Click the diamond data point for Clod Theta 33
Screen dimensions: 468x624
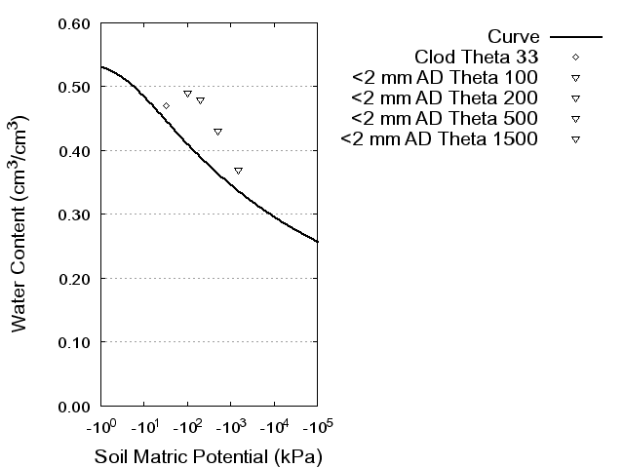click(166, 105)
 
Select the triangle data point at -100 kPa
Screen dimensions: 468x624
click(187, 94)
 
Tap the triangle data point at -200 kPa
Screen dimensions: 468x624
click(200, 100)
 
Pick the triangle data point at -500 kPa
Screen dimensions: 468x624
click(217, 132)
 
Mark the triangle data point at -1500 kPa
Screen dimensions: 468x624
click(238, 171)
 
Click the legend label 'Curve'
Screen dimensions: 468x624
click(514, 36)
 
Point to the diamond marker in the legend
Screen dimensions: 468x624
click(575, 57)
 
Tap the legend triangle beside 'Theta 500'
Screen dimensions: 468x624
click(575, 119)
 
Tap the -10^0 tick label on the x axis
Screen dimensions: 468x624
click(100, 427)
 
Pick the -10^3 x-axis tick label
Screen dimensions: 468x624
click(230, 427)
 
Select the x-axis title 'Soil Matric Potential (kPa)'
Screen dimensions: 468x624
click(208, 456)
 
